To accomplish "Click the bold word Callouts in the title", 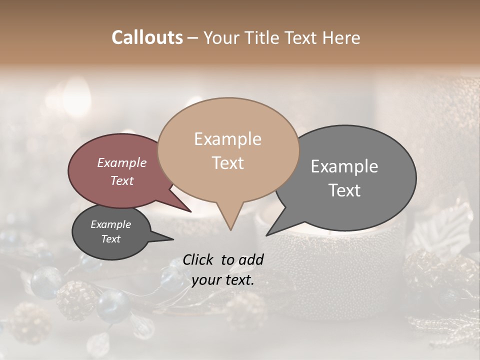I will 147,37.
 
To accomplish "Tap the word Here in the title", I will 341,37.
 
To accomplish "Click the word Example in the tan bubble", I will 227,139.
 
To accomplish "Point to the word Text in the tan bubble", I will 227,163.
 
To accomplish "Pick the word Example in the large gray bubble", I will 344,166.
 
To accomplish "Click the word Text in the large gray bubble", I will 344,190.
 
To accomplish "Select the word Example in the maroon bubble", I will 121,163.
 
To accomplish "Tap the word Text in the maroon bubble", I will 121,180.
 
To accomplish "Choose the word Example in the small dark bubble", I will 110,224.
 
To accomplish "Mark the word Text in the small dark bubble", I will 110,239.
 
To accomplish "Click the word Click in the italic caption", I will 199,259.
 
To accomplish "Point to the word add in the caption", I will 251,259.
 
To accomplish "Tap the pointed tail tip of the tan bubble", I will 230,230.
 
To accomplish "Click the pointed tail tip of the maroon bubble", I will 191,212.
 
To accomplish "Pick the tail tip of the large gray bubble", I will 266,235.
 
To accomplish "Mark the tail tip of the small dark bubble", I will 174,239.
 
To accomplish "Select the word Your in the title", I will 221,37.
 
